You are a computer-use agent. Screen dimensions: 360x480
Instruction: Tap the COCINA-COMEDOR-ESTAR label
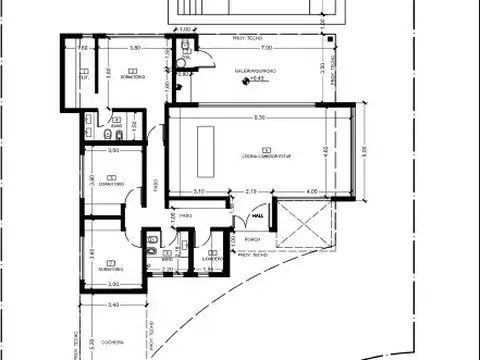click(259, 154)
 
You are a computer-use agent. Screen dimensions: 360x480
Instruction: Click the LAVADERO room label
click(210, 258)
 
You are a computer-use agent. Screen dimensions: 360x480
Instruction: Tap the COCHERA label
click(112, 341)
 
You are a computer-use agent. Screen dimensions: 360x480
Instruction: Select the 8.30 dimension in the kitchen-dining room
click(259, 118)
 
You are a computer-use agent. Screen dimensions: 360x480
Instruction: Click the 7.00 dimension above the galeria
click(265, 48)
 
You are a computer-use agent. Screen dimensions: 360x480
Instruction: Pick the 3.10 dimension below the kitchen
click(199, 191)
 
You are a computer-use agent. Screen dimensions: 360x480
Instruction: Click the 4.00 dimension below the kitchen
click(313, 191)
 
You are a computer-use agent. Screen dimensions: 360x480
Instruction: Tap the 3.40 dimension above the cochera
click(113, 304)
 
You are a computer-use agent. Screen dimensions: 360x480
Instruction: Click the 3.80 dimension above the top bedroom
click(120, 48)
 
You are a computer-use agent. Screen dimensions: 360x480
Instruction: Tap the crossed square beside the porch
click(298, 226)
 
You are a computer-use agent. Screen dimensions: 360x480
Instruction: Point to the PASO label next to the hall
click(186, 214)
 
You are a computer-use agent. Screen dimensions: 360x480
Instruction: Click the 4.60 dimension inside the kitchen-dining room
click(324, 150)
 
